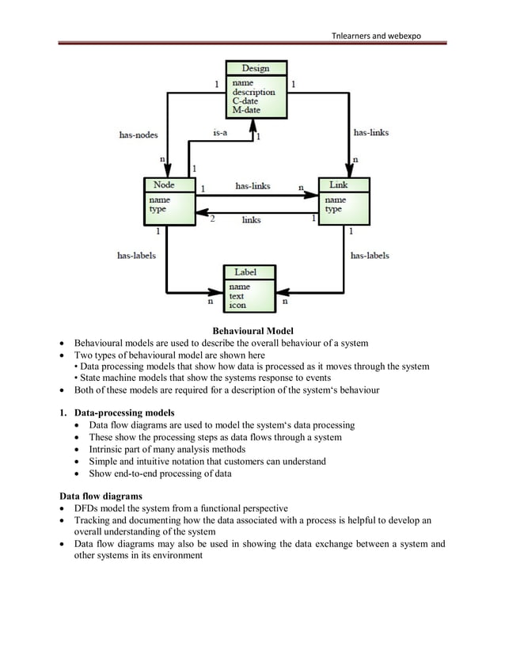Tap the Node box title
[x=163, y=184]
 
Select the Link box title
[x=338, y=184]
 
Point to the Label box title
[x=245, y=272]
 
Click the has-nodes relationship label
[x=138, y=135]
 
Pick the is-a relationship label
[x=219, y=133]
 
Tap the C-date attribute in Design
[x=244, y=101]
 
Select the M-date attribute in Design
[x=245, y=110]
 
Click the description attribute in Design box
[x=253, y=91]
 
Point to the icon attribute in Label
[x=237, y=305]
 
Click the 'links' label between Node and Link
[x=251, y=219]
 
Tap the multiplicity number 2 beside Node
[x=212, y=219]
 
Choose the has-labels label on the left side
[x=136, y=256]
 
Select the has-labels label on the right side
[x=370, y=256]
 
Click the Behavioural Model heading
[x=252, y=330]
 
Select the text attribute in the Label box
[x=237, y=295]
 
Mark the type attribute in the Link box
[x=333, y=209]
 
